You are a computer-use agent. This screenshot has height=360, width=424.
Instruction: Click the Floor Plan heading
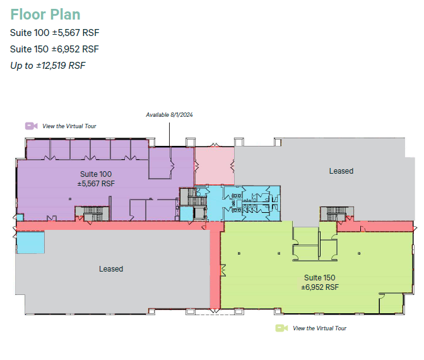pos(45,15)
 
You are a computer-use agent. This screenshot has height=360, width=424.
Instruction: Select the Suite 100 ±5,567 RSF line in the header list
pos(55,33)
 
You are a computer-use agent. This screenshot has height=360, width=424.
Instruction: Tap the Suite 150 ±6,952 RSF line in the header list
pos(55,49)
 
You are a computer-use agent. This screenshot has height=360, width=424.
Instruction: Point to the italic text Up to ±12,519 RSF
pos(48,64)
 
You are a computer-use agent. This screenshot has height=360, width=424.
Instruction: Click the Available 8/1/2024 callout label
pos(169,115)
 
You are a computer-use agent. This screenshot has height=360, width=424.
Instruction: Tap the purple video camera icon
pos(30,126)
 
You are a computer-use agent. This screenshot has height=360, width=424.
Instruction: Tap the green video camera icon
pos(281,328)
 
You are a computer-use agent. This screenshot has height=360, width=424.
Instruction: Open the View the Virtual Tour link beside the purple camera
pos(69,126)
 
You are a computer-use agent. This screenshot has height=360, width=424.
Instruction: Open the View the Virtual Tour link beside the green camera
pos(320,328)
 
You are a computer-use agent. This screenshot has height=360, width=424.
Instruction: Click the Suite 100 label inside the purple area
pos(96,174)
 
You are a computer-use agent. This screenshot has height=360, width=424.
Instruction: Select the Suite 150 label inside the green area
pos(319,278)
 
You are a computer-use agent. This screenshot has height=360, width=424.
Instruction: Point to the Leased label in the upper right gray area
pos(341,171)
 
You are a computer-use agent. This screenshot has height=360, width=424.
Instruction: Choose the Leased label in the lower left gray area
pos(111,269)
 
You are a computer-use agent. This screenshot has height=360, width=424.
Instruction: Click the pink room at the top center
pos(213,165)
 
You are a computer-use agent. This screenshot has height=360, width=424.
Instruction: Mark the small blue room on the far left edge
pos(30,243)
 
